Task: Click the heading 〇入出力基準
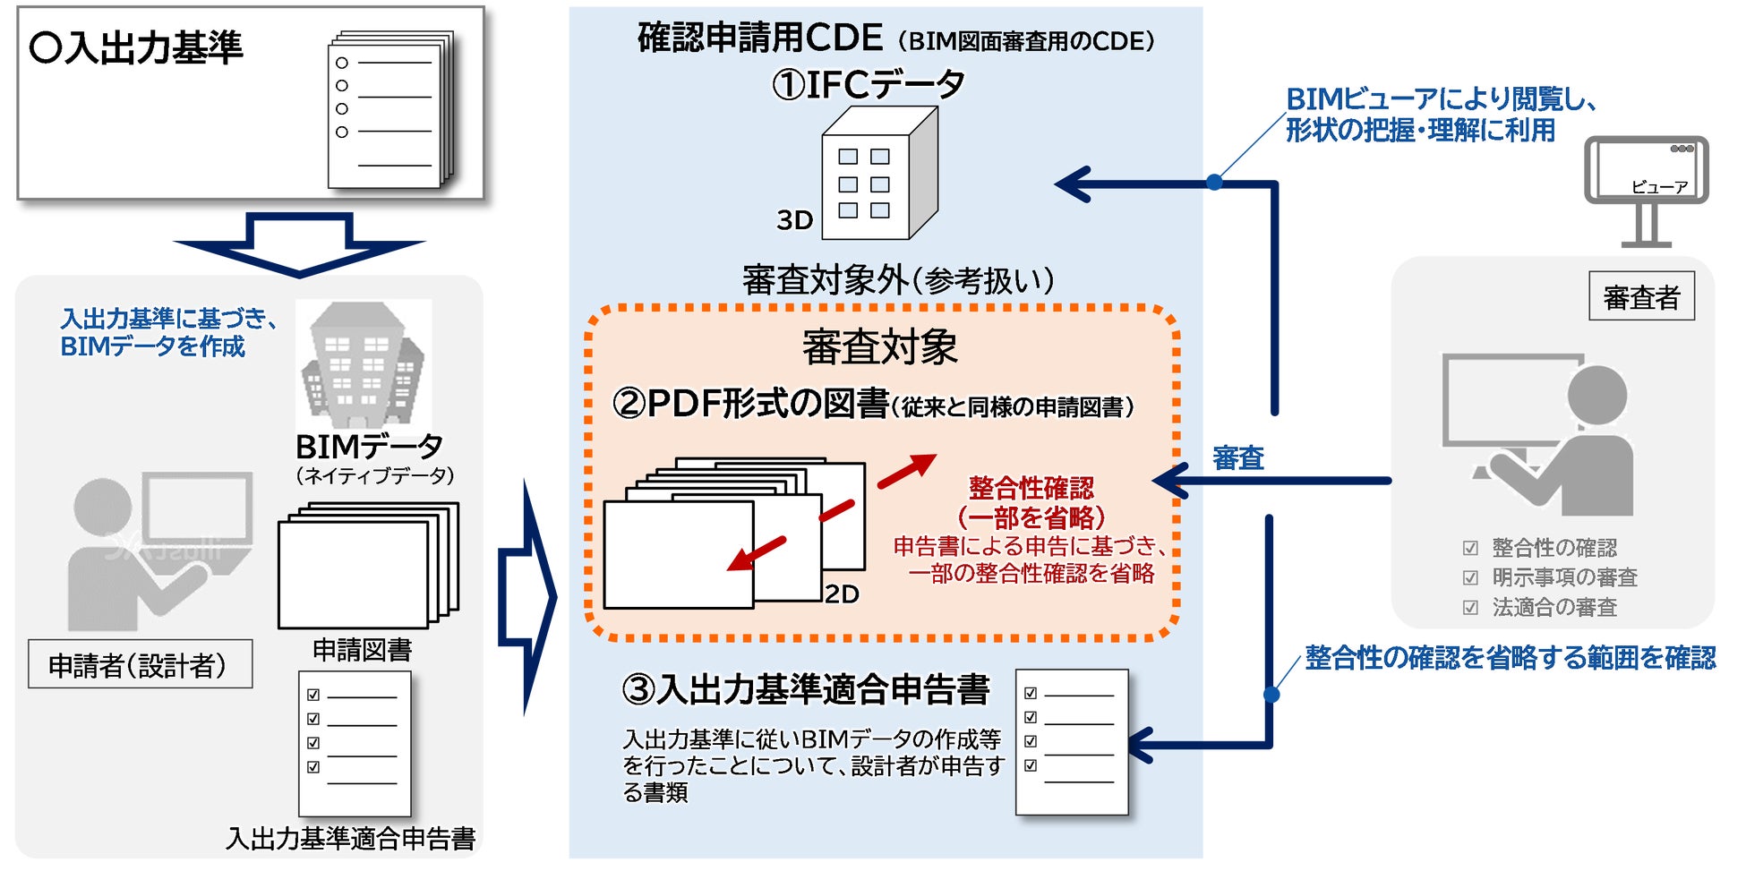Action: pos(136,47)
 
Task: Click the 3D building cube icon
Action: pos(878,175)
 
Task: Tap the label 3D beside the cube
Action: pos(794,220)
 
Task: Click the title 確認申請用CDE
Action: pos(759,38)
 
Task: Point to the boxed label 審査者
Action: pos(1641,296)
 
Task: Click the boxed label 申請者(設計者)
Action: pos(139,664)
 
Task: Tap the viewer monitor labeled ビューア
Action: pos(1646,170)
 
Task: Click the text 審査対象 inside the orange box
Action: pos(879,346)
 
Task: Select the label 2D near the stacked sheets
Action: pos(842,594)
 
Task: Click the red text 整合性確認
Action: pos(1031,488)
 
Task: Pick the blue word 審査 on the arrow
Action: pos(1237,458)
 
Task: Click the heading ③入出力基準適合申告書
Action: pos(806,689)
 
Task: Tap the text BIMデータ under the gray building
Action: pos(369,446)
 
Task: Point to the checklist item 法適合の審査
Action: pos(1554,608)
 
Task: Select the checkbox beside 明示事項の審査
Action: pos(1470,578)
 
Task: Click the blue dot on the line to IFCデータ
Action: pos(1214,183)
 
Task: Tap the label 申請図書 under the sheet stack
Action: pos(362,650)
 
